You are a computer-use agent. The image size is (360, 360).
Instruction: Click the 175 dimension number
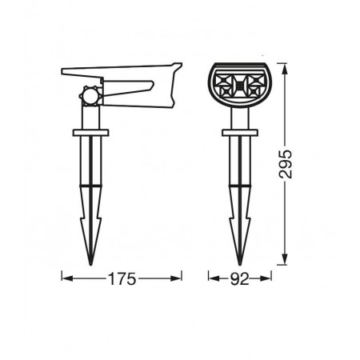pyautogui.click(x=122, y=279)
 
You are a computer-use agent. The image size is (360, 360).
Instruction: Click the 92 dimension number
pyautogui.click(x=240, y=279)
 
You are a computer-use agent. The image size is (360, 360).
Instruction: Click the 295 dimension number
pyautogui.click(x=286, y=164)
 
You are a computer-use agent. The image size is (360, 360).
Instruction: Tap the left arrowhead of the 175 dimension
pyautogui.click(x=67, y=278)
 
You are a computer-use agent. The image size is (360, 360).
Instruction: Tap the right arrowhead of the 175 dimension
pyautogui.click(x=176, y=278)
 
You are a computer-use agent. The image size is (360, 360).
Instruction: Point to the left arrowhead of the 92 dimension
pyautogui.click(x=214, y=278)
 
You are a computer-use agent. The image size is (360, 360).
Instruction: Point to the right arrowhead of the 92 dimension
pyautogui.click(x=266, y=278)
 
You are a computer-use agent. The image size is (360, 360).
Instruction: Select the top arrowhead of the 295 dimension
pyautogui.click(x=285, y=69)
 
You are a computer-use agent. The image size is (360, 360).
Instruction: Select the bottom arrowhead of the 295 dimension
pyautogui.click(x=285, y=259)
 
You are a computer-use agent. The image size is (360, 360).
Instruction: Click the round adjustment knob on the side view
pyautogui.click(x=90, y=96)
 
